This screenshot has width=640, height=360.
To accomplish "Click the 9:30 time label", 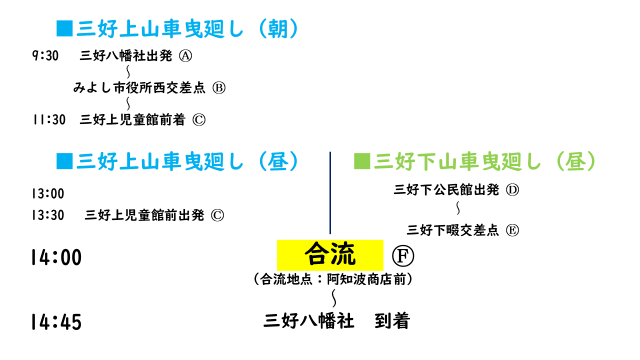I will [45, 56].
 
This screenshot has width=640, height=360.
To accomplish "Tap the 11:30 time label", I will [48, 120].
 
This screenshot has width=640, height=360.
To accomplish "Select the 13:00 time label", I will [47, 193].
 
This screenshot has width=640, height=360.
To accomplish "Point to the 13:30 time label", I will [47, 215].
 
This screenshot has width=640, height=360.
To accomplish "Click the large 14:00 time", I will [56, 257].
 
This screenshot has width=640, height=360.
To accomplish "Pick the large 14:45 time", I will [56, 322].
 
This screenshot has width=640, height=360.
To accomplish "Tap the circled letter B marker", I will [219, 88].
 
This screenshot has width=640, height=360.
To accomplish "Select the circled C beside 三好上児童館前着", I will [198, 120].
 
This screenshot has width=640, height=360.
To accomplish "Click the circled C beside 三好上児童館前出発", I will [217, 215].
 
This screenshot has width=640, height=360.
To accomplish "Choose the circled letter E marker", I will [512, 230].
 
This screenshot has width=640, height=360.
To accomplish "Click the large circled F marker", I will [403, 257].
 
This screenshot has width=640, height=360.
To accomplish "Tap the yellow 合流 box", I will [330, 255].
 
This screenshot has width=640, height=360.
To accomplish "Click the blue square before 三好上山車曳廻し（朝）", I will [64, 28].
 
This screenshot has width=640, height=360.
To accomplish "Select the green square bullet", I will [361, 161].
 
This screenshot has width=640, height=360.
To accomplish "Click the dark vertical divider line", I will [330, 192].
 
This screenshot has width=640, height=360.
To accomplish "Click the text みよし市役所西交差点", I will [139, 88].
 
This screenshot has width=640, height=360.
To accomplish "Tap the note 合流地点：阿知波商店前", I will [333, 279].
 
